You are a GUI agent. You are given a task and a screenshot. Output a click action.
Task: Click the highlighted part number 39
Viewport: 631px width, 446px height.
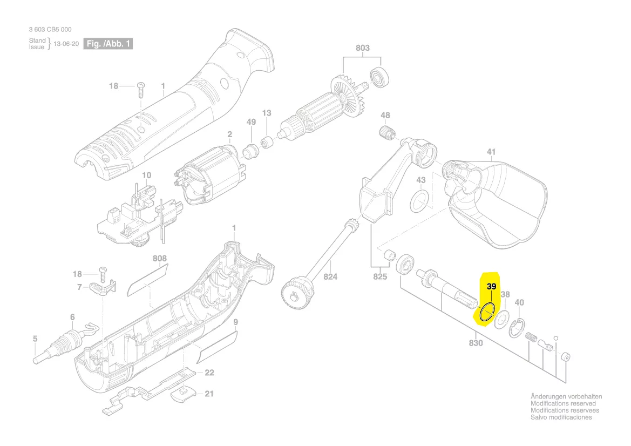pos(491,287)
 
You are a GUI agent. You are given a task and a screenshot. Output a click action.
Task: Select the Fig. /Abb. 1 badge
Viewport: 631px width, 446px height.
pos(108,44)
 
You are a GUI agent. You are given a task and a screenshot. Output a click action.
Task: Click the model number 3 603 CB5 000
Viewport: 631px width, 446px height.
pos(50,30)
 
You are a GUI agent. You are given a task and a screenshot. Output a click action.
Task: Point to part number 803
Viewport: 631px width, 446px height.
pos(363,48)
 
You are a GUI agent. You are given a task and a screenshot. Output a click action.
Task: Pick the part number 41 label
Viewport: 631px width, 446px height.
pos(491,152)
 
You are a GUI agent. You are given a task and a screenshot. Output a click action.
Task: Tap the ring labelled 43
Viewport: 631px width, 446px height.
pos(419,201)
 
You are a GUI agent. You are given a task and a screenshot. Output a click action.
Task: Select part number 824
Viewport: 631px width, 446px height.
pos(330,277)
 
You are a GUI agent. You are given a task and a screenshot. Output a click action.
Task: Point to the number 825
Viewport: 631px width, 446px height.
pos(380,277)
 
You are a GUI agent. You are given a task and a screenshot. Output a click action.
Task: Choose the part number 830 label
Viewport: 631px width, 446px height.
pos(476,343)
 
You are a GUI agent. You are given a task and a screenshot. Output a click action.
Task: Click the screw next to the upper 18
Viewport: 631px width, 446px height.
pos(142,87)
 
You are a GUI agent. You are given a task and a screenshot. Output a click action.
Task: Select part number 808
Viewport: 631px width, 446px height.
pos(160,259)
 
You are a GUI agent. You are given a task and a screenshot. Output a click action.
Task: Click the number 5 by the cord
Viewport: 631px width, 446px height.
pos(35,339)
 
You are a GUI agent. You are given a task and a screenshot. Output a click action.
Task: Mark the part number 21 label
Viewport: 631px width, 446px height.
pos(209,394)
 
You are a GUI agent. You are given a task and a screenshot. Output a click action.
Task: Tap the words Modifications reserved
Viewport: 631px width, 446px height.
pos(563,403)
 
